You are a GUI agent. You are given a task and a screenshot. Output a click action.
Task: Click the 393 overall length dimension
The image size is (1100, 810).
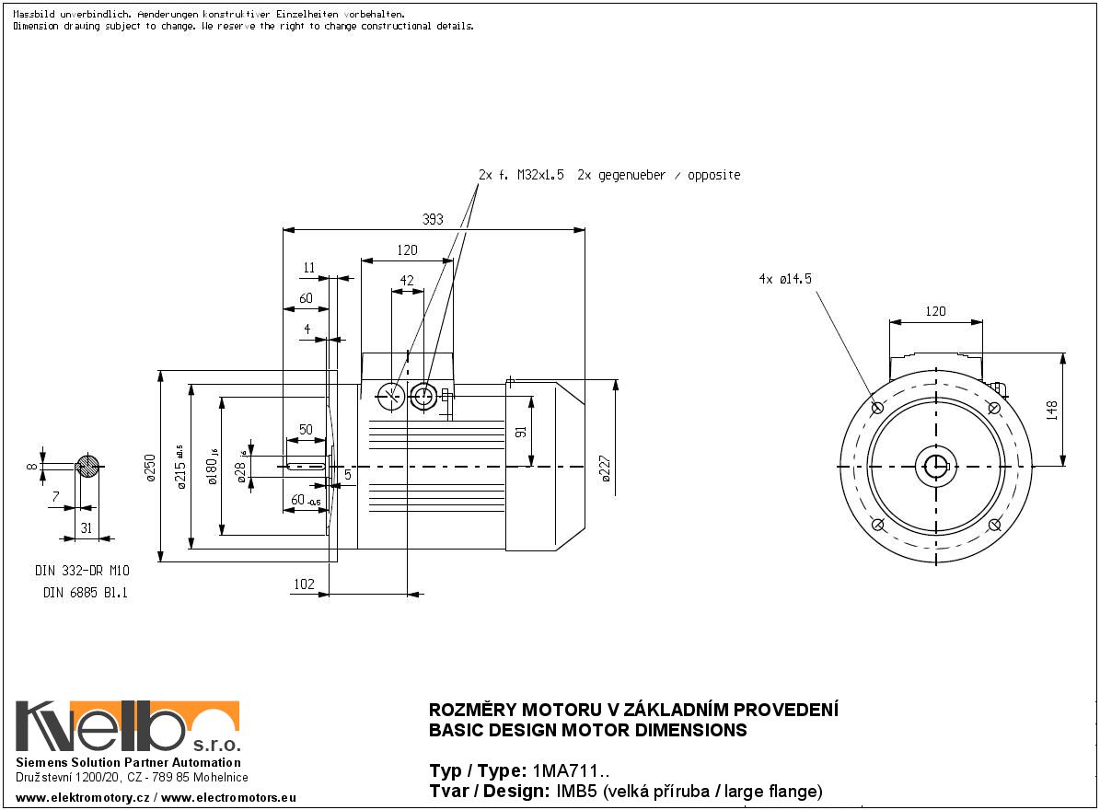(433, 219)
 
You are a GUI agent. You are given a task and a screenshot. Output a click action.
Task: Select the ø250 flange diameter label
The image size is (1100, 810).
(149, 469)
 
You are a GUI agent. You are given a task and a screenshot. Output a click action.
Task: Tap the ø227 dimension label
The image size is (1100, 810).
(605, 469)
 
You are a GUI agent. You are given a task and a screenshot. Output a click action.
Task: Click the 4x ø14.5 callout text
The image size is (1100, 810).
(785, 278)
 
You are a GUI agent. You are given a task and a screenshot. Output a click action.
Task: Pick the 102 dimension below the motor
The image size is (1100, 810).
(305, 584)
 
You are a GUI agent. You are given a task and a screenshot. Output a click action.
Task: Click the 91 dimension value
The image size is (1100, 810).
(521, 431)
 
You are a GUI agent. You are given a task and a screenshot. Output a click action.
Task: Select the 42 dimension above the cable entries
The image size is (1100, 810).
(407, 281)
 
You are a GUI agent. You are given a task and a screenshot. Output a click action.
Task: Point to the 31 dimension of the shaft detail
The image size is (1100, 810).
(87, 526)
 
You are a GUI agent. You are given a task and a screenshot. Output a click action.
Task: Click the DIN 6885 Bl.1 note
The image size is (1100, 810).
(86, 594)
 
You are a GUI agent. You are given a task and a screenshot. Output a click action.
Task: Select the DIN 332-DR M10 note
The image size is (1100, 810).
(82, 571)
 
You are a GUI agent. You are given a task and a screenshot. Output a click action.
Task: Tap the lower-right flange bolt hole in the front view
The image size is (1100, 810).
(994, 525)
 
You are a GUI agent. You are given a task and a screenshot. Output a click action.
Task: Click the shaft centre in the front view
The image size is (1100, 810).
(936, 466)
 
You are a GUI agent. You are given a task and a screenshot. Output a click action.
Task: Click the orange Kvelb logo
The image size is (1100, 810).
(128, 727)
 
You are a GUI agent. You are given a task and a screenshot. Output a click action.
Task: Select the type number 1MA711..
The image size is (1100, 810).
(570, 771)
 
